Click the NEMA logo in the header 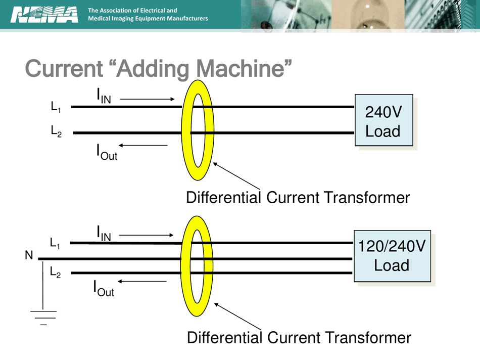click(44, 15)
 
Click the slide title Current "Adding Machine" click(159, 69)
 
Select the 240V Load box click(383, 120)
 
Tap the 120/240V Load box click(392, 256)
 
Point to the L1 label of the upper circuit click(56, 107)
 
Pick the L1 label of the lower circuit click(55, 243)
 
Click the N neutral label click(29, 255)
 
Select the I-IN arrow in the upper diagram click(147, 99)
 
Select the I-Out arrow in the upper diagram click(143, 146)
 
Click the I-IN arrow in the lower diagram click(146, 235)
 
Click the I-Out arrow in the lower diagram click(142, 281)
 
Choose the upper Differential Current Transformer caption click(298, 198)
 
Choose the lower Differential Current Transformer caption click(299, 337)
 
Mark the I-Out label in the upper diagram click(107, 152)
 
